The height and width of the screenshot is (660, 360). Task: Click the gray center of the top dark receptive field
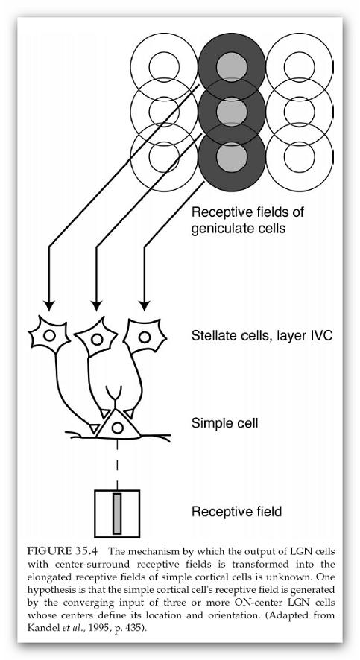(x=232, y=66)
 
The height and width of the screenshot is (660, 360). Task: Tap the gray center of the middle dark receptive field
(x=232, y=112)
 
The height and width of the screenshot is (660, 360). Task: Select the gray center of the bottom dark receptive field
(x=232, y=156)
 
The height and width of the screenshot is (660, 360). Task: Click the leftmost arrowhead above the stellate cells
(x=50, y=305)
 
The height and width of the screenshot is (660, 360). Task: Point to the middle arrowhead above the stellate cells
(x=97, y=305)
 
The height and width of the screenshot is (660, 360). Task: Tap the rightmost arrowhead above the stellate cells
(x=145, y=305)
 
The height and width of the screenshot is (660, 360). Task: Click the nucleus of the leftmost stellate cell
(x=50, y=335)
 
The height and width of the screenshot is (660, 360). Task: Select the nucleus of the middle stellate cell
(x=97, y=339)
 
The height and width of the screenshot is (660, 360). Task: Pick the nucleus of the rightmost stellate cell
(x=145, y=337)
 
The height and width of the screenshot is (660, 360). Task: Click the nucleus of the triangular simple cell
(x=118, y=428)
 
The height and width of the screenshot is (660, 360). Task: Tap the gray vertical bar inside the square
(x=117, y=513)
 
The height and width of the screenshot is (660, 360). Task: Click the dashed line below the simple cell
(x=117, y=463)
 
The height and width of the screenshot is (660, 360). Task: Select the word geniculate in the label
(x=218, y=229)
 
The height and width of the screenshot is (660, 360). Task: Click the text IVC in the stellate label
(x=321, y=336)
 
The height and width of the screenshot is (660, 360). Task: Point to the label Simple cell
(x=225, y=423)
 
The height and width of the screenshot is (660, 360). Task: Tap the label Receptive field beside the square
(x=236, y=512)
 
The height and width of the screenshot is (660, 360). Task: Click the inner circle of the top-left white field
(x=149, y=66)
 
